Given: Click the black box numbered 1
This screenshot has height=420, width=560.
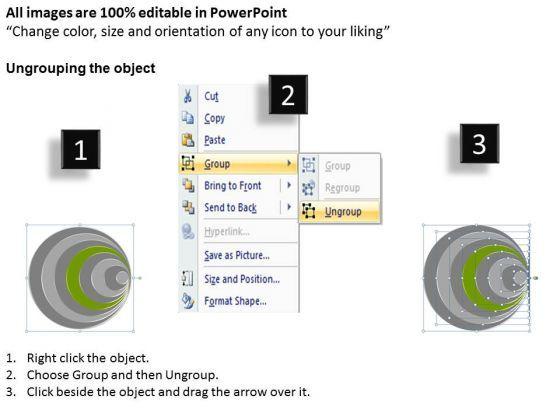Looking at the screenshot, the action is (80, 149).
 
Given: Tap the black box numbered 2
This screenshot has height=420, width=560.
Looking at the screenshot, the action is (288, 95).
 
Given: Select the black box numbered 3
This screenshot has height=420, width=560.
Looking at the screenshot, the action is (479, 144).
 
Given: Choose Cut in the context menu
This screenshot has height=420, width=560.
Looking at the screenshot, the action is (211, 96).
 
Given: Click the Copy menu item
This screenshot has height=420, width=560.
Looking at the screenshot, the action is (214, 118).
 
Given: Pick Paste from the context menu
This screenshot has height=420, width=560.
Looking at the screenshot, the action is (215, 140).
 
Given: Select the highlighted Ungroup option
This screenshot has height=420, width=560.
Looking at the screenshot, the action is (343, 212).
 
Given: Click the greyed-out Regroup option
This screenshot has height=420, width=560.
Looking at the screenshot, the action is (342, 188).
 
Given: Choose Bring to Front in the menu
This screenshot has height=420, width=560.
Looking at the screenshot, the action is (232, 186).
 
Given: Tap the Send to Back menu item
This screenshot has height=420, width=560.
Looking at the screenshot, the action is (230, 208).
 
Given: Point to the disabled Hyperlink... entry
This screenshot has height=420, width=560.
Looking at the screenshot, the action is (227, 232).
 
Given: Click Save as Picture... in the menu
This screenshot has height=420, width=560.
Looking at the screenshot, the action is (237, 255).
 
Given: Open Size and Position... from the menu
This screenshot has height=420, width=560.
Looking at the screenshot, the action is (242, 279).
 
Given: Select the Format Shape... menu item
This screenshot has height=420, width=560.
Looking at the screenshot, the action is (235, 301).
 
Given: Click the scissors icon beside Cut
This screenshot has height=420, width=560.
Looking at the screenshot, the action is (188, 96).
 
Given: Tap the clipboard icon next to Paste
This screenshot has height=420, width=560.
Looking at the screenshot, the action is (188, 140).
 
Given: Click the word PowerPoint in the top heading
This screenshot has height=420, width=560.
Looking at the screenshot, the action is (248, 13).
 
